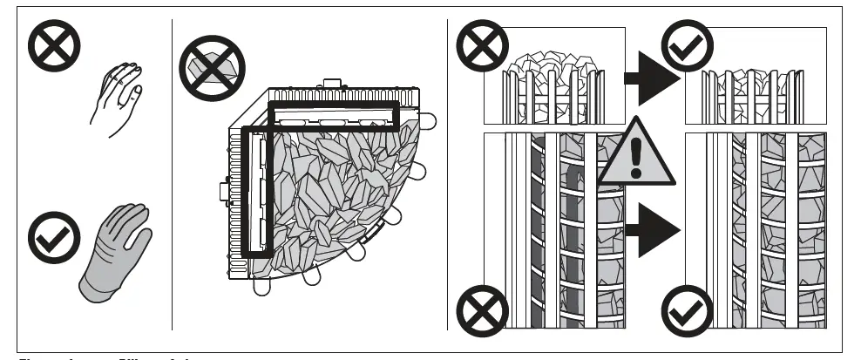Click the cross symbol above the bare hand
pyautogui.click(x=54, y=46)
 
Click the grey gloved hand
pyautogui.click(x=113, y=253)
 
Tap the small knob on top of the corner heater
pyautogui.click(x=331, y=85)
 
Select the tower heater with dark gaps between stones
pyautogui.click(x=566, y=231)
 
